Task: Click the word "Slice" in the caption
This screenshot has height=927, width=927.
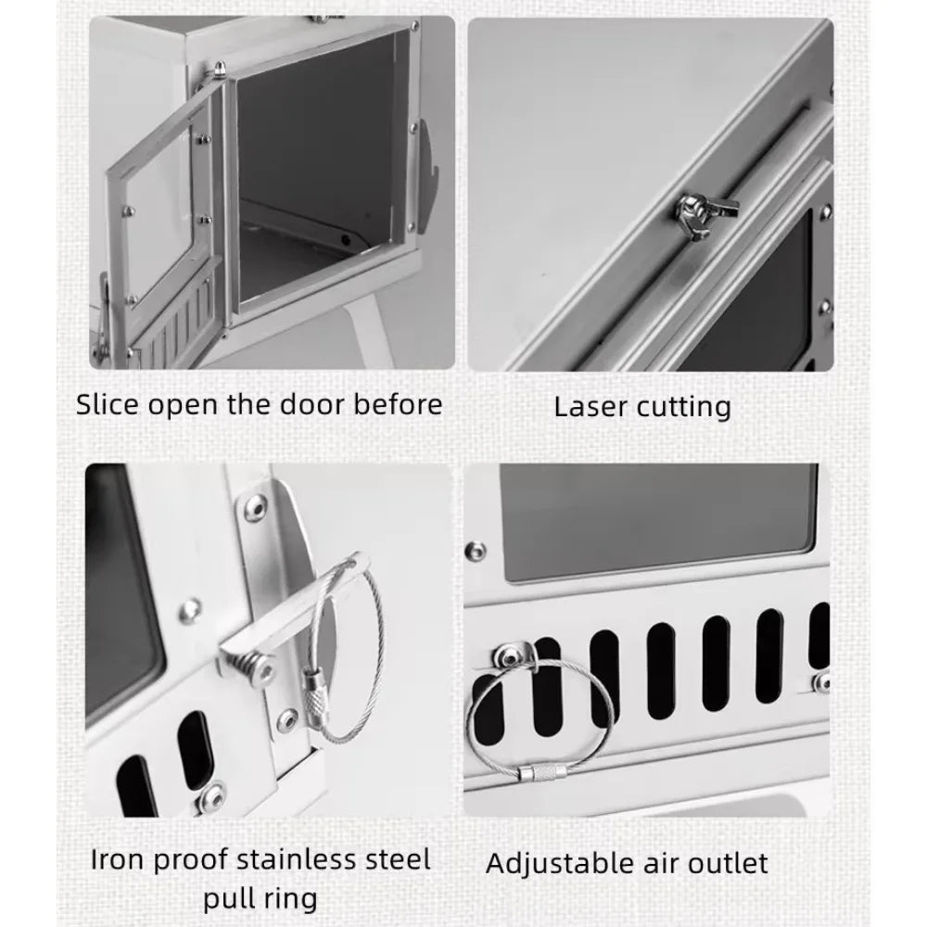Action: point(108,405)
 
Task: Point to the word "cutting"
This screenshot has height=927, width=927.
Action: point(683,407)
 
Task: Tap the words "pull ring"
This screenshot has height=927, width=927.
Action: point(260,899)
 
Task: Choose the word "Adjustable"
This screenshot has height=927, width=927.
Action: point(561,864)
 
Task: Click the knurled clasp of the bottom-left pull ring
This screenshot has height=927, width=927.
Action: point(314,686)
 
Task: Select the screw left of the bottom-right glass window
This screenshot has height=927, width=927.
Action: point(476,552)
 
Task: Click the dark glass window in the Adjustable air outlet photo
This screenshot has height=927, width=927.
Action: point(658,521)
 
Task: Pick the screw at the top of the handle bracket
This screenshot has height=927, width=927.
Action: point(256,508)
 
